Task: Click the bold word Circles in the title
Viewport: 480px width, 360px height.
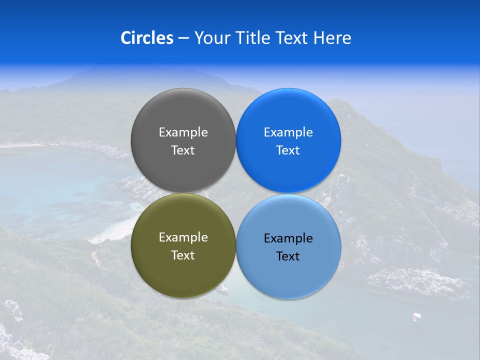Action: pyautogui.click(x=147, y=37)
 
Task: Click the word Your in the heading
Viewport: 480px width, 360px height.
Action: pyautogui.click(x=212, y=37)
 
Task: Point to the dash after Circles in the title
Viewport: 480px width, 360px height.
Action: pyautogui.click(x=183, y=38)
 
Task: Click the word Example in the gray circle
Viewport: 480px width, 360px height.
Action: pyautogui.click(x=183, y=132)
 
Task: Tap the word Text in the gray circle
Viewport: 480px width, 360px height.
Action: pyautogui.click(x=183, y=150)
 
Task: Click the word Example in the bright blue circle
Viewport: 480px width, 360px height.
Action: pyautogui.click(x=288, y=132)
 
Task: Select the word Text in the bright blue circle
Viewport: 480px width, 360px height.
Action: pyautogui.click(x=288, y=150)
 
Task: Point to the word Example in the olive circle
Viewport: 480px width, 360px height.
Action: pyautogui.click(x=183, y=237)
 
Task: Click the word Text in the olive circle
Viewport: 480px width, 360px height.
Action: pyautogui.click(x=183, y=255)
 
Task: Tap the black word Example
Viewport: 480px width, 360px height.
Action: pyautogui.click(x=288, y=238)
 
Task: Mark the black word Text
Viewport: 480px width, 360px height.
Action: pyautogui.click(x=288, y=256)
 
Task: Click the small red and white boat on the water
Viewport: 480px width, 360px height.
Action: pyautogui.click(x=416, y=316)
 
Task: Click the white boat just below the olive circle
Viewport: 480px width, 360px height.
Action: pyautogui.click(x=223, y=287)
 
